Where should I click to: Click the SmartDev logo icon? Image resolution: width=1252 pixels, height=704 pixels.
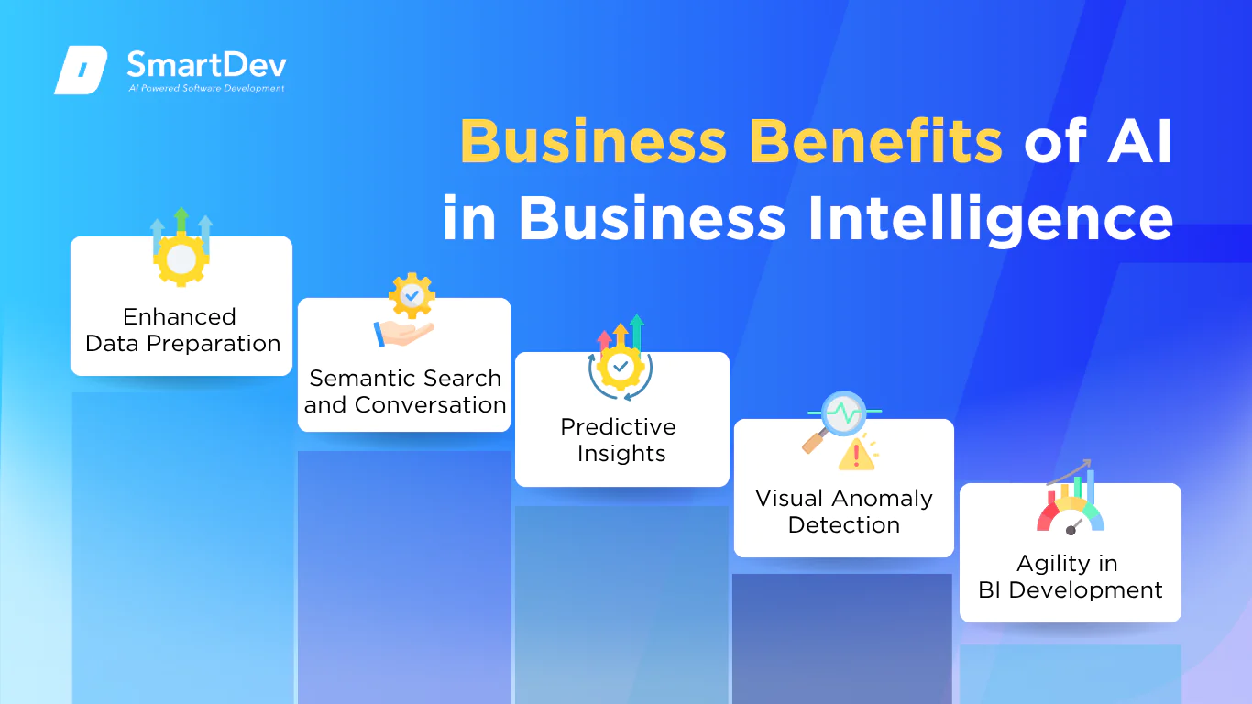point(81,70)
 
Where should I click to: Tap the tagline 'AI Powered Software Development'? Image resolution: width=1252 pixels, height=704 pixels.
point(206,88)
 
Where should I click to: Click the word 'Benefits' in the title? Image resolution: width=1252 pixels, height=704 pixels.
point(876,141)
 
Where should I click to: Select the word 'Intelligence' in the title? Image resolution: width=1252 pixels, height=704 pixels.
point(990,219)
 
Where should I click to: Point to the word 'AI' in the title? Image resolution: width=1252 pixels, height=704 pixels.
point(1140,141)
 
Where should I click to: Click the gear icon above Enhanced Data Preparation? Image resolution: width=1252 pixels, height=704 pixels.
point(181,259)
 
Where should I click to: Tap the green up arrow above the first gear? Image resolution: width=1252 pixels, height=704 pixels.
point(181,220)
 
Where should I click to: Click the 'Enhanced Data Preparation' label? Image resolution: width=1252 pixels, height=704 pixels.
point(182,330)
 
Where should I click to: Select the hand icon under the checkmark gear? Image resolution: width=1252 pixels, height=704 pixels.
point(403,334)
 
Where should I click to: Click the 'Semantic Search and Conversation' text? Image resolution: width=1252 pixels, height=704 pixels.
point(405,391)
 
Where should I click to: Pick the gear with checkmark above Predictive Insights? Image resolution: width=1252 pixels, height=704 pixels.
point(621,368)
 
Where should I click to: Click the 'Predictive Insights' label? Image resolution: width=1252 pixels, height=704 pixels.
point(620,440)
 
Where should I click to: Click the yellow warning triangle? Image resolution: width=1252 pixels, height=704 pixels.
point(856,455)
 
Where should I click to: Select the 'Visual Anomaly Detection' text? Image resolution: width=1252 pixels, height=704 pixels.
point(844,511)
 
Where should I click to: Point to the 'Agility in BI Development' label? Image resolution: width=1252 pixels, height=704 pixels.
point(1070,577)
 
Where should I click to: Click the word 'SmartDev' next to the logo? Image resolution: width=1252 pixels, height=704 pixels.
point(207,64)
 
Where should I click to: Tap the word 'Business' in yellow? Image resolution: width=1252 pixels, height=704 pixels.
point(594,141)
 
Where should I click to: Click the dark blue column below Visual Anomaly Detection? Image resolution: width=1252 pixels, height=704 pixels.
point(842,639)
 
